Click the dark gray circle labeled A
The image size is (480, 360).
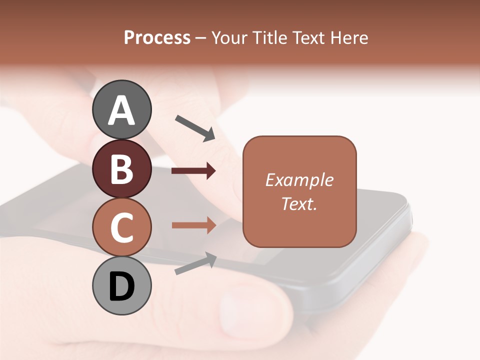(121, 109)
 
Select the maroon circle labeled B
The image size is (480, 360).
(121, 168)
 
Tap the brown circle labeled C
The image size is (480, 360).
(121, 227)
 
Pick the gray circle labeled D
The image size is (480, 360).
(121, 286)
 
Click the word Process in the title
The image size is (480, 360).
(157, 37)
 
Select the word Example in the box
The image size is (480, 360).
(299, 180)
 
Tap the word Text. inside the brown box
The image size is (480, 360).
(299, 203)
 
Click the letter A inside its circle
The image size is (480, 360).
(121, 111)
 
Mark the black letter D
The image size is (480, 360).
(121, 287)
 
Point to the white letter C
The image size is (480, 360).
(121, 228)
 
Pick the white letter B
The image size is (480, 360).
(121, 169)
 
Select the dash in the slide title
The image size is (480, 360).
(200, 38)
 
